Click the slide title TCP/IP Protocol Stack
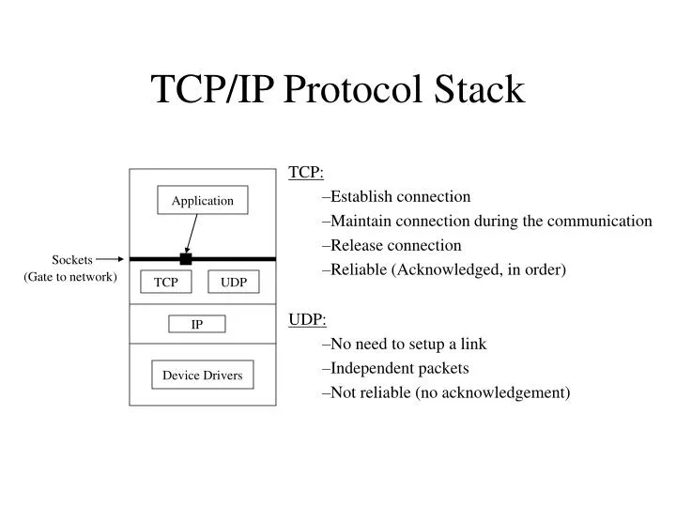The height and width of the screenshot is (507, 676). pyautogui.click(x=338, y=89)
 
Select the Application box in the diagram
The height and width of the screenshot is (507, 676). pyautogui.click(x=202, y=200)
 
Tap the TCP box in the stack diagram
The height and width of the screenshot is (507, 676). pyautogui.click(x=166, y=282)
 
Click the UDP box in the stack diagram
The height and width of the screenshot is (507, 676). pyautogui.click(x=234, y=282)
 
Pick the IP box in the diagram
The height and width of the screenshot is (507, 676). pyautogui.click(x=197, y=325)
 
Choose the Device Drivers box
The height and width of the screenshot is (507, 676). pyautogui.click(x=202, y=376)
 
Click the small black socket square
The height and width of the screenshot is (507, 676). pyautogui.click(x=186, y=258)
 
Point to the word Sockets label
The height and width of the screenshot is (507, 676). pyautogui.click(x=71, y=260)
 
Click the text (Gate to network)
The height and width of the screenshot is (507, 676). pyautogui.click(x=70, y=277)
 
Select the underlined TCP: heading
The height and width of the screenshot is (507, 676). pyautogui.click(x=306, y=173)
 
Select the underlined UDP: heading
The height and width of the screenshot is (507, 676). pyautogui.click(x=307, y=319)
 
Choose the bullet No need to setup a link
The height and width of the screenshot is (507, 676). pyautogui.click(x=404, y=344)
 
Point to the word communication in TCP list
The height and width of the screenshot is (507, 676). pyautogui.click(x=598, y=222)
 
